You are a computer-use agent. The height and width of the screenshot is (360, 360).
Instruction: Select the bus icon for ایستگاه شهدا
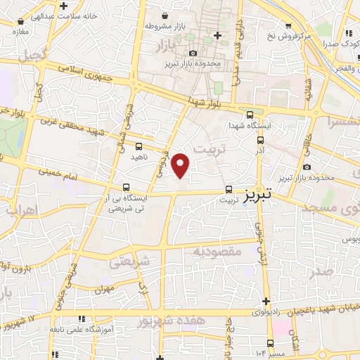coord(250,115)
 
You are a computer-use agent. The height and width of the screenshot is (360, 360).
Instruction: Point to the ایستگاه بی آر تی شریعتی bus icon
coord(125,187)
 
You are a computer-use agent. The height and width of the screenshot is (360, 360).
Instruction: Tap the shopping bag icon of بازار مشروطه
coord(165,15)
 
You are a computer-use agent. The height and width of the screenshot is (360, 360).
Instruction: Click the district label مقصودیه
coord(217,251)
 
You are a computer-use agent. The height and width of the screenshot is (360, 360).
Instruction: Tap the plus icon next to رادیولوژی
coord(266,300)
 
